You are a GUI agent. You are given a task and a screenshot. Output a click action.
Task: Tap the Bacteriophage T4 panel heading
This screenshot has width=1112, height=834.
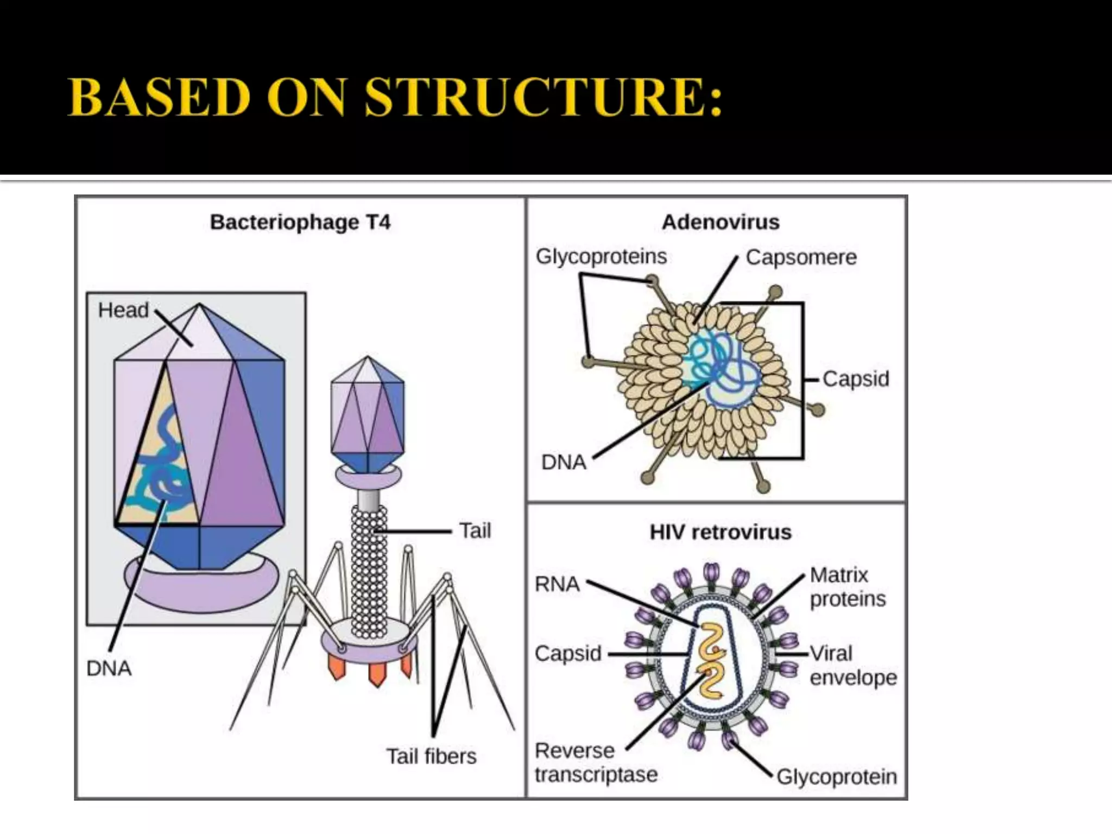pos(300,223)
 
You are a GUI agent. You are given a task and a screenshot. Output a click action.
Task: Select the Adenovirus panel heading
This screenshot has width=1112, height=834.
pos(721,222)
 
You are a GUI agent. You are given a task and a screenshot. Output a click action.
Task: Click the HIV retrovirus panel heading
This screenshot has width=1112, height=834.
pos(721,532)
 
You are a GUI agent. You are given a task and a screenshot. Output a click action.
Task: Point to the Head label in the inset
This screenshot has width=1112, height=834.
pos(123,311)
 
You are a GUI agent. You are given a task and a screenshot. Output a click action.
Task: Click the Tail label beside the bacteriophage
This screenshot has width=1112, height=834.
pos(475,530)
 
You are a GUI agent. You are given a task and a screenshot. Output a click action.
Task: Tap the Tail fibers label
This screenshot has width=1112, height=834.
pos(431,756)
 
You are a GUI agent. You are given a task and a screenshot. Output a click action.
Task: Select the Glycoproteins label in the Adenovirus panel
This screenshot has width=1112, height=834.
pos(601,256)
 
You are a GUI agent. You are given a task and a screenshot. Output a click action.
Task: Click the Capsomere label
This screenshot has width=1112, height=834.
pos(801,257)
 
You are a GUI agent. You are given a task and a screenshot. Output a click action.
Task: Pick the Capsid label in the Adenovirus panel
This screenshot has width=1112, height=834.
pos(856,379)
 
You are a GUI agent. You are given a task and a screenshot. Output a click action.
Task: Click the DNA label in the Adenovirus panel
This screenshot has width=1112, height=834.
pos(564,463)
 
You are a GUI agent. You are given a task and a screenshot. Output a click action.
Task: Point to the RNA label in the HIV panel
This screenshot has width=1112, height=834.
pos(557,584)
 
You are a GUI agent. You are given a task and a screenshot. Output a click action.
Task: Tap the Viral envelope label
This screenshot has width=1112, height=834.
pos(852,665)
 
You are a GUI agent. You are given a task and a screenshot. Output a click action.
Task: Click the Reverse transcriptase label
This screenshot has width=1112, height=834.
pos(596,762)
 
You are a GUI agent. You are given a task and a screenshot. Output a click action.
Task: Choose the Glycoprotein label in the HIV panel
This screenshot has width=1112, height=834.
pos(836,777)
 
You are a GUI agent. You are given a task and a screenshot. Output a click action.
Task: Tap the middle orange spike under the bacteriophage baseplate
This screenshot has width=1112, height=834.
pos(376,675)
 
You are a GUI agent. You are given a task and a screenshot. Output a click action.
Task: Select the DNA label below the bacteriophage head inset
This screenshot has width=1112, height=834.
pos(109,669)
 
